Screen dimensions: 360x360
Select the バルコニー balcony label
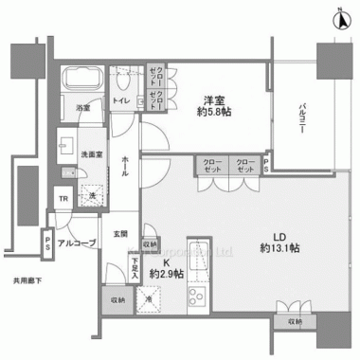pyautogui.click(x=297, y=117)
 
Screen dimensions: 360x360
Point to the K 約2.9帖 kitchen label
pyautogui.click(x=167, y=267)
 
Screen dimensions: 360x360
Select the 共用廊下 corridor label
pyautogui.click(x=30, y=281)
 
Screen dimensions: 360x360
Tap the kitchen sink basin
pyautogui.click(x=199, y=258)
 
